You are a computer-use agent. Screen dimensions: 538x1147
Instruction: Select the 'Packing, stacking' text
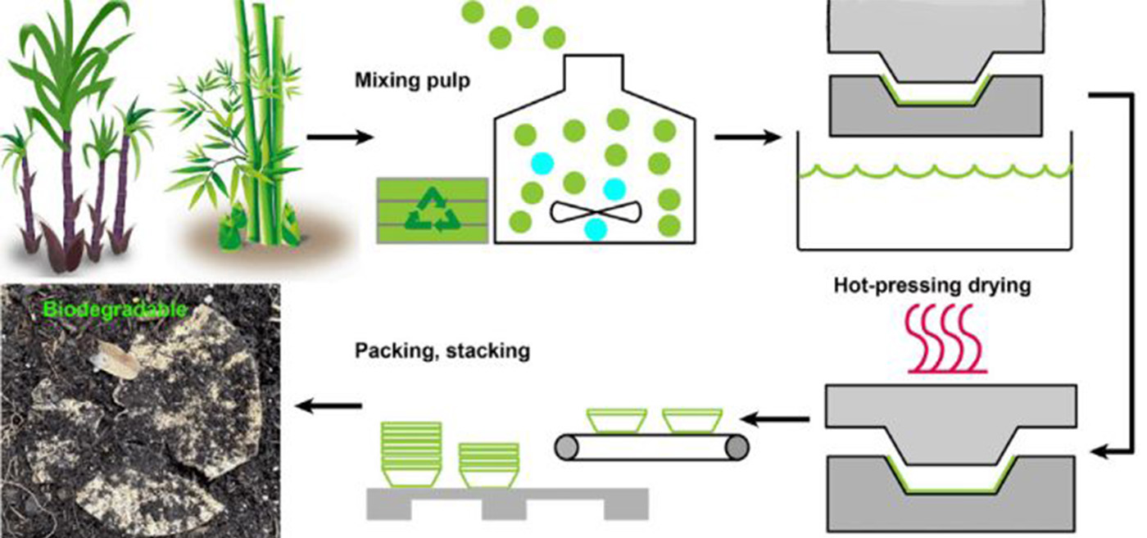pos(442,351)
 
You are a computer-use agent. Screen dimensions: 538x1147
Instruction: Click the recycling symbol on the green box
pos(431,210)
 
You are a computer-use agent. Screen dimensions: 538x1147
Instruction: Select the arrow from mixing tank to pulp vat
pos(748,138)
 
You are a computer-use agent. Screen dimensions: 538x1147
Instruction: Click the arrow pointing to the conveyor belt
pos(781,420)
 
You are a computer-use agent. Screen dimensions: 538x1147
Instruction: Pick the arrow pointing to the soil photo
pos(328,405)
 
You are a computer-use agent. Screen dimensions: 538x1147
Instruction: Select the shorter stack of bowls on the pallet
pos(488,464)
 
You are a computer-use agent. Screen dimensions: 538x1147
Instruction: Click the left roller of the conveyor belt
pos(566,447)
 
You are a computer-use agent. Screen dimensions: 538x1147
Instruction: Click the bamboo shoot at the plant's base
pos(231,234)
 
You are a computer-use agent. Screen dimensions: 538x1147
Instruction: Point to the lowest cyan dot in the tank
pos(596,230)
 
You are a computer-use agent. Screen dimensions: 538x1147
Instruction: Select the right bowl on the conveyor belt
pos(691,420)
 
